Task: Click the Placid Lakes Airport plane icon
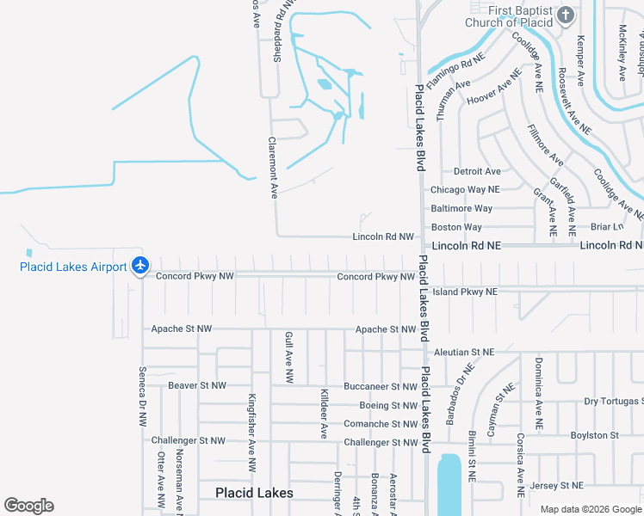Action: point(141,266)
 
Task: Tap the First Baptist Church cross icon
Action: point(565,15)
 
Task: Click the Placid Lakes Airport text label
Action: point(73,267)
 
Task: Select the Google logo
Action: point(28,506)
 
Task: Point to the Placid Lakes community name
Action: point(254,493)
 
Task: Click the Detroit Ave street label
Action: point(477,171)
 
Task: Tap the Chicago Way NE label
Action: point(465,189)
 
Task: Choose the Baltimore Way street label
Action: point(461,208)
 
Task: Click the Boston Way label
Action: point(456,227)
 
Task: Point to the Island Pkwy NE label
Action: point(465,292)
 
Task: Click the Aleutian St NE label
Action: point(464,352)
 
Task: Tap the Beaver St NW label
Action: point(197,385)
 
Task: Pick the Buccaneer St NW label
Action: point(380,387)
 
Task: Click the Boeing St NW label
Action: point(388,405)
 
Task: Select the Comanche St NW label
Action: point(380,424)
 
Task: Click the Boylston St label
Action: point(595,435)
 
